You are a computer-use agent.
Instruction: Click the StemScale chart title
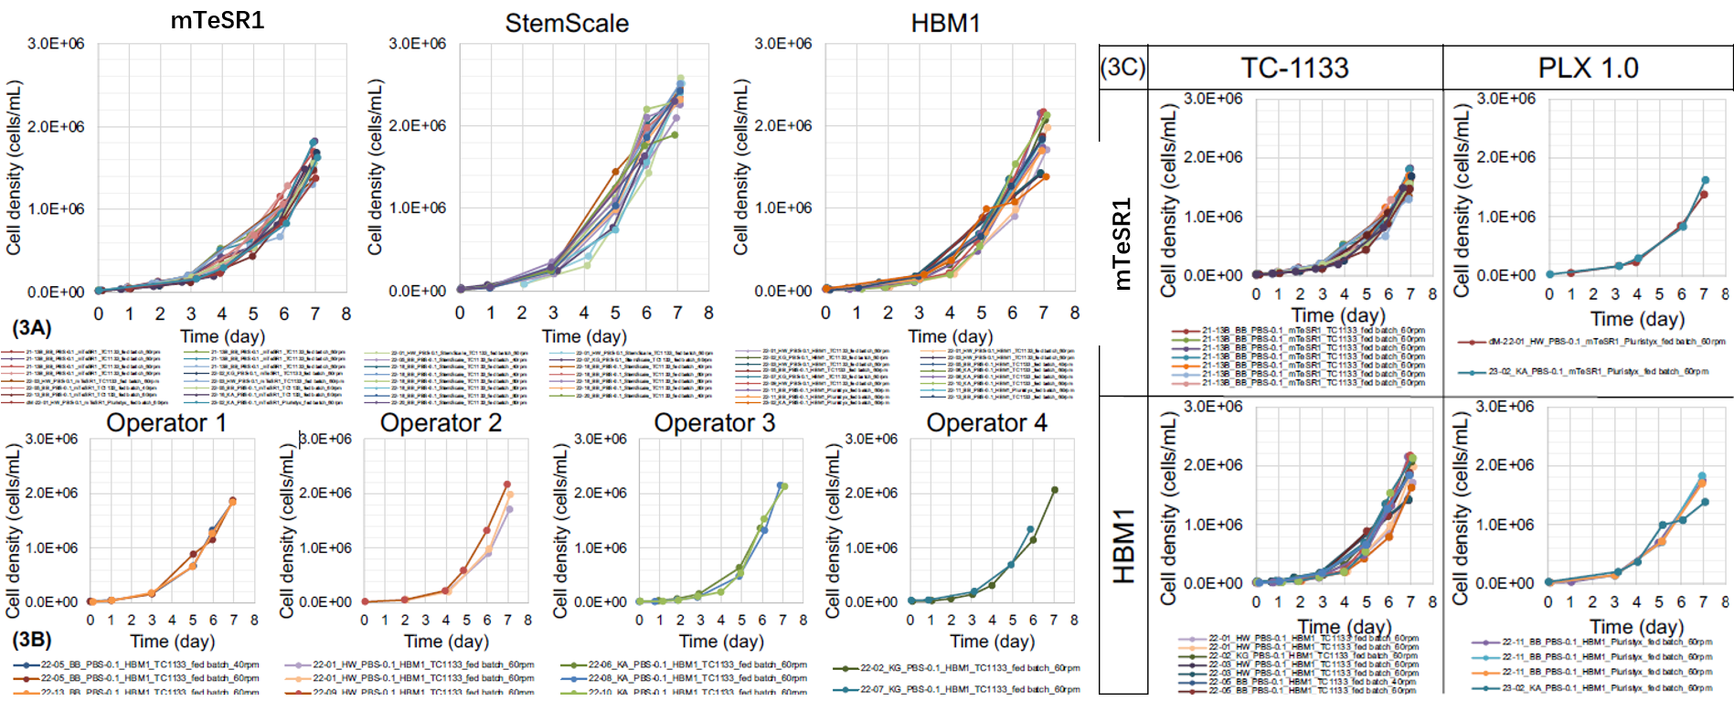[567, 23]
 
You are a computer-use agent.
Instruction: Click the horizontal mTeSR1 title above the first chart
[218, 20]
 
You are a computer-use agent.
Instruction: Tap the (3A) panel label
[31, 328]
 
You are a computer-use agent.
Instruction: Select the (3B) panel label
[31, 639]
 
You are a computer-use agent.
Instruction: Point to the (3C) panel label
[1122, 68]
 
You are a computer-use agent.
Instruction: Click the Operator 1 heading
[166, 423]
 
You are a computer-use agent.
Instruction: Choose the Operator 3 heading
[714, 423]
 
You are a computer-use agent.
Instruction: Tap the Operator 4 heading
[986, 423]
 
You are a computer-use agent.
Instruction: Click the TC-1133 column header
[1294, 68]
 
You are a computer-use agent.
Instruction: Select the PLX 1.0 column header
[1588, 68]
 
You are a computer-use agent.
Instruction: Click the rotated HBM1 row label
[1123, 546]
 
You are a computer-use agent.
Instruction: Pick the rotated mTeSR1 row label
[1122, 244]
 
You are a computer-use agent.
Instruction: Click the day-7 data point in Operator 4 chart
[1054, 491]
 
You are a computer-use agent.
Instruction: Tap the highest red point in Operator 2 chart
[507, 484]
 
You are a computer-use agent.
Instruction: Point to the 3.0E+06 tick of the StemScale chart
[418, 44]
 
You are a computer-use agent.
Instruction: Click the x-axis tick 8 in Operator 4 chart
[1074, 620]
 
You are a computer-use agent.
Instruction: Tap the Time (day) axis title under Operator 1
[173, 641]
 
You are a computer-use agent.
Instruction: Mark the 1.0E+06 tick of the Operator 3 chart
[601, 547]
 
